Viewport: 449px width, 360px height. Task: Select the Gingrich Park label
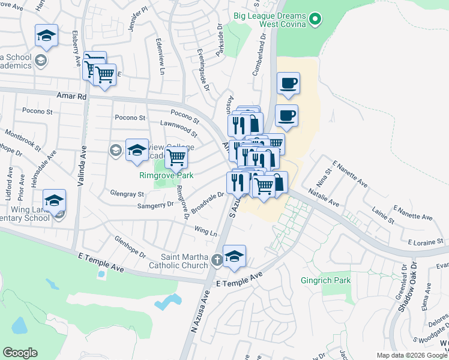click(324, 280)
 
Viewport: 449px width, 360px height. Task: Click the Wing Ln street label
click(205, 230)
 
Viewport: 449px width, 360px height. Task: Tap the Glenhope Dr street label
click(130, 245)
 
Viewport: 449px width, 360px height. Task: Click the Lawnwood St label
click(178, 127)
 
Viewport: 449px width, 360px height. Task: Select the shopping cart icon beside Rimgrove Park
click(176, 158)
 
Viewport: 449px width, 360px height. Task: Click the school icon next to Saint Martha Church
click(234, 256)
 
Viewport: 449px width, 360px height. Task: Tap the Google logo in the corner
click(20, 353)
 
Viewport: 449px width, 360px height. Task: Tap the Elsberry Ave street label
click(76, 44)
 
